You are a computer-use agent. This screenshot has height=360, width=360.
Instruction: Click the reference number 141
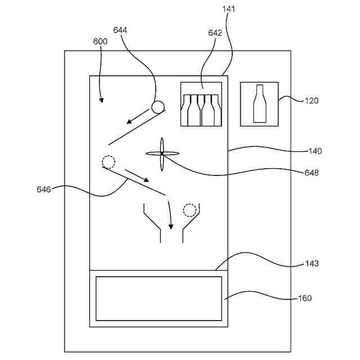229,9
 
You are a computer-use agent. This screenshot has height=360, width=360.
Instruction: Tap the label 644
120,30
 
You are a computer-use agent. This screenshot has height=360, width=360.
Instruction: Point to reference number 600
100,41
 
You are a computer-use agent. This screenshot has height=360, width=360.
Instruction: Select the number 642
215,33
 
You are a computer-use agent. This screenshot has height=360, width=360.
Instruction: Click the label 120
312,101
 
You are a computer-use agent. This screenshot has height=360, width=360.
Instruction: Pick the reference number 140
315,151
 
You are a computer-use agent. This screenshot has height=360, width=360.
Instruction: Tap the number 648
312,173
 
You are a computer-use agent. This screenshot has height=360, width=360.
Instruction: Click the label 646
44,190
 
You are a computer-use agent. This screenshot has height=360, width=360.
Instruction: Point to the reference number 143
312,263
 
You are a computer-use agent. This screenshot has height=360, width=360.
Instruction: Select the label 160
305,298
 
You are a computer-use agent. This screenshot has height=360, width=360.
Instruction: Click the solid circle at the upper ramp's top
158,107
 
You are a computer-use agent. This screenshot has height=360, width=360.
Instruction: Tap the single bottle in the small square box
259,103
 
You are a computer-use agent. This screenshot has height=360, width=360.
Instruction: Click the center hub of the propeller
162,154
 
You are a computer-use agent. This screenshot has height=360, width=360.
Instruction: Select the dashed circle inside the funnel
190,210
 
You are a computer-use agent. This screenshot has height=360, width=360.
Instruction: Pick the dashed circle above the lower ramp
109,162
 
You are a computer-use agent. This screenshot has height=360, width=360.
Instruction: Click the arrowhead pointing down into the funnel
171,227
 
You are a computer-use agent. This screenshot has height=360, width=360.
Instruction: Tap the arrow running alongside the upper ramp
138,116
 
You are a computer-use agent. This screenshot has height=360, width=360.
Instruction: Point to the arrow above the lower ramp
137,176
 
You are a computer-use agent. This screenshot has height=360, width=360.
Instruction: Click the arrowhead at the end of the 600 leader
101,100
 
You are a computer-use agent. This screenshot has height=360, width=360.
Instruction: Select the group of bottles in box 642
201,110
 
